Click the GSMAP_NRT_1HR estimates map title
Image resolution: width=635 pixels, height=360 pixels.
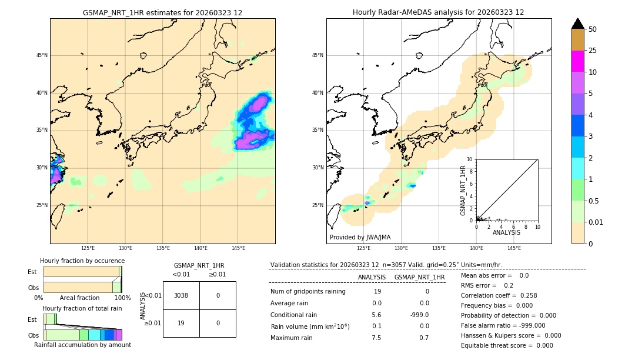[162, 12]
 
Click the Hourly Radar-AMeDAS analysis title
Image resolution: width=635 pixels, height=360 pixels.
[438, 12]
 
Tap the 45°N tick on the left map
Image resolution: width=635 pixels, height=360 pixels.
[42, 55]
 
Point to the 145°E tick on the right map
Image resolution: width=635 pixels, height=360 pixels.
[514, 248]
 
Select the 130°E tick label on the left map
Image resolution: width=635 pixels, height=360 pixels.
[125, 248]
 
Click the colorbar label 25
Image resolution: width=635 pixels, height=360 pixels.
[593, 51]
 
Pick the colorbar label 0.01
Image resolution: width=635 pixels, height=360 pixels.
[596, 222]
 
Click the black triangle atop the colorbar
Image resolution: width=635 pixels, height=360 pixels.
[578, 24]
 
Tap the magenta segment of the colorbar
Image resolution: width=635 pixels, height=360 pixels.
[578, 61]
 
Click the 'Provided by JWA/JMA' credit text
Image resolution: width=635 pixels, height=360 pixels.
[360, 238]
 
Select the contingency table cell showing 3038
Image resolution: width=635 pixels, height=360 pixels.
[181, 295]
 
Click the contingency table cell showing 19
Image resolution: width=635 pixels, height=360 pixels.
[181, 323]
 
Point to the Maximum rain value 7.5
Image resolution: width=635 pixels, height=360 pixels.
[377, 338]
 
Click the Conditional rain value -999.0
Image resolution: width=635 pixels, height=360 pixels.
[420, 315]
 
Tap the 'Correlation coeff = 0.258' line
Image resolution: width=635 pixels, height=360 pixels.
[499, 295]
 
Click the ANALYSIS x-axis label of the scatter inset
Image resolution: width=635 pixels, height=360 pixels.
[506, 232]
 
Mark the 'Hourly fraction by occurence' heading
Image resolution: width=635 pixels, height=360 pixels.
[82, 261]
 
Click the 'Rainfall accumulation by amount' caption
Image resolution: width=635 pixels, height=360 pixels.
[82, 345]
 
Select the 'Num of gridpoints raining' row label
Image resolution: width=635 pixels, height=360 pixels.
[308, 292]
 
